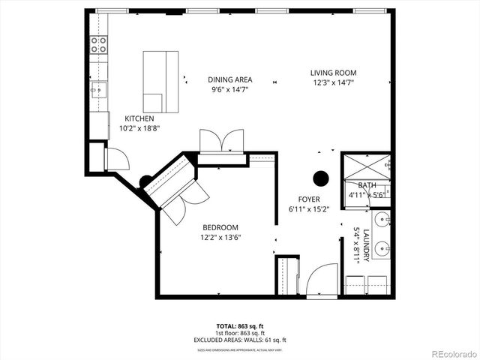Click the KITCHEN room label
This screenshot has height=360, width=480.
click(139, 118)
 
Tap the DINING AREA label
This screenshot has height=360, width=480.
click(230, 79)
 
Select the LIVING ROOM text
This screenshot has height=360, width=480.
click(332, 73)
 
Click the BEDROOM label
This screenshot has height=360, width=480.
click(220, 228)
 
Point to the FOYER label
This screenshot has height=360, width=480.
click(309, 199)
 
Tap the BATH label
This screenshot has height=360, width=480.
click(367, 185)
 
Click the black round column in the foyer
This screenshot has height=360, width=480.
click(321, 178)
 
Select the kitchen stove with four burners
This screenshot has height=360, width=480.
click(98, 44)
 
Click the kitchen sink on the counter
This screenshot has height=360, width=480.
click(97, 90)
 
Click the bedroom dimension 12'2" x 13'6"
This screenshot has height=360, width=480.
click(220, 238)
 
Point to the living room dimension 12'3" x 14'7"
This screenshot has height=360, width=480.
click(332, 82)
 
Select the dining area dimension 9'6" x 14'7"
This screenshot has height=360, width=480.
click(230, 89)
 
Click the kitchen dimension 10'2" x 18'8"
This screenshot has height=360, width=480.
click(139, 128)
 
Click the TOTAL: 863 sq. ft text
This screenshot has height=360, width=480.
click(239, 326)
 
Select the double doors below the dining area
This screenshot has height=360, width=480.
click(220, 141)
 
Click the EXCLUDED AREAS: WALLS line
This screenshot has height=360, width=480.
click(239, 340)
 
